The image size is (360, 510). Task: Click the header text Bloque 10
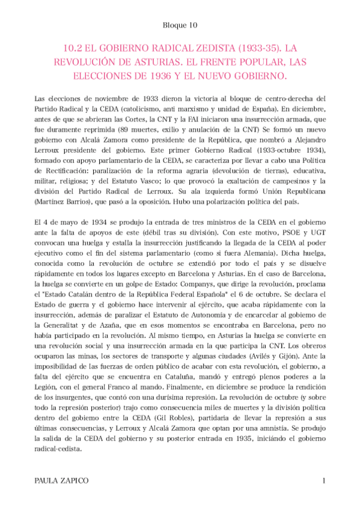click(180, 25)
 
